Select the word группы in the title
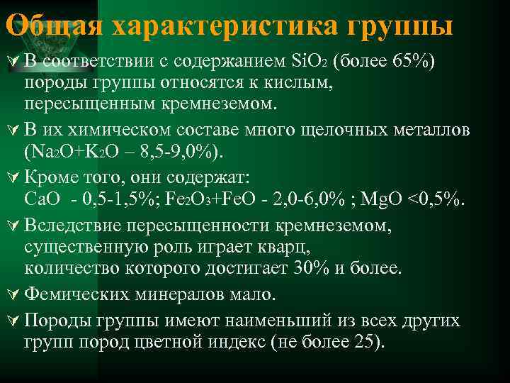click(400, 26)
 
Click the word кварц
click(289, 246)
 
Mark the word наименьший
click(251, 321)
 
